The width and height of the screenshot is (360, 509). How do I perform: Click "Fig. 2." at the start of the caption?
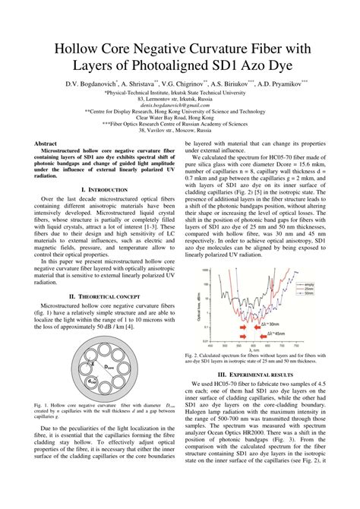point(191,354)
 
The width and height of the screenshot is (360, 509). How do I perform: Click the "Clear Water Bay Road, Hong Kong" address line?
point(180,119)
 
